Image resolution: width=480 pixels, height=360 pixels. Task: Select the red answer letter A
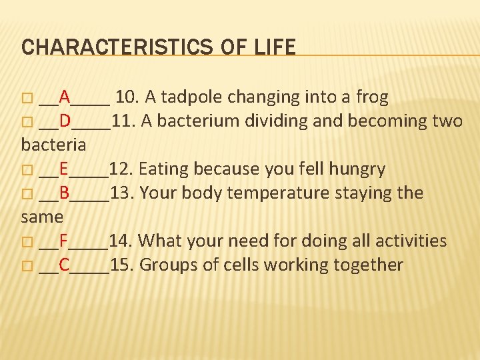click(x=65, y=97)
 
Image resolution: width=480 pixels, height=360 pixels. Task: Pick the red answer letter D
click(x=65, y=121)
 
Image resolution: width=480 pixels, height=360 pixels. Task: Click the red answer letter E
click(x=63, y=169)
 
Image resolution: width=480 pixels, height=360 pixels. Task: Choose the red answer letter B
click(x=64, y=193)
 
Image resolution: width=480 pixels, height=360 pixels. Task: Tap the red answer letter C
click(x=64, y=265)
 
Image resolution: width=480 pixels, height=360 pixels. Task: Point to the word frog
click(x=372, y=98)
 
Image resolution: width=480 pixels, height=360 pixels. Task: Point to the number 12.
click(x=120, y=169)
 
